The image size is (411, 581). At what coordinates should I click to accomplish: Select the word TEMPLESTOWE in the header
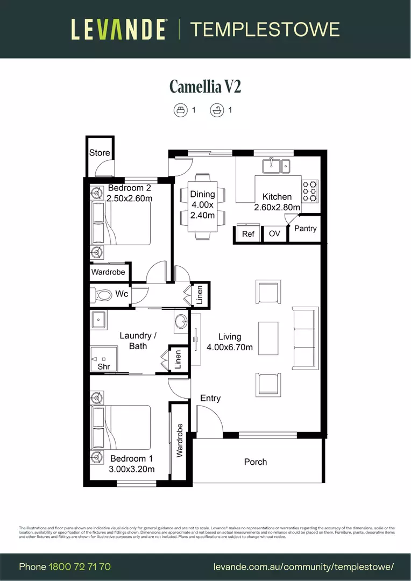(x=265, y=29)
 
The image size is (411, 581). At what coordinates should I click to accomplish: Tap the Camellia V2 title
(x=205, y=86)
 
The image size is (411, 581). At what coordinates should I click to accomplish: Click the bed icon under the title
(x=180, y=110)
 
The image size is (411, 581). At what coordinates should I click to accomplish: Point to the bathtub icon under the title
(x=217, y=110)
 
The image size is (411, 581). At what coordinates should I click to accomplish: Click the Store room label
(x=100, y=153)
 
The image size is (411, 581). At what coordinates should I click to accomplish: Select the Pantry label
(x=306, y=229)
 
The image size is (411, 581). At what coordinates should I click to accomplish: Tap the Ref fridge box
(x=248, y=234)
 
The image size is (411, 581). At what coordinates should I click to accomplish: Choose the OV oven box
(x=274, y=234)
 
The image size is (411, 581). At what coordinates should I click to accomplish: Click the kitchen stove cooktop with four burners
(x=310, y=191)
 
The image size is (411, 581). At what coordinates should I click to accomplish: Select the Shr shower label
(x=103, y=366)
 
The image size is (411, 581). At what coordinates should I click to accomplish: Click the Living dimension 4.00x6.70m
(x=230, y=348)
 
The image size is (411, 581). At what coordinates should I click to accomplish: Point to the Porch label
(x=256, y=462)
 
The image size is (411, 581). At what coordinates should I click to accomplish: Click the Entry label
(x=210, y=398)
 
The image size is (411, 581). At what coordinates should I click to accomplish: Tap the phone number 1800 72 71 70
(x=80, y=567)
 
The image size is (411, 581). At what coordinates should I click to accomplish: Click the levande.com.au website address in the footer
(x=303, y=567)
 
